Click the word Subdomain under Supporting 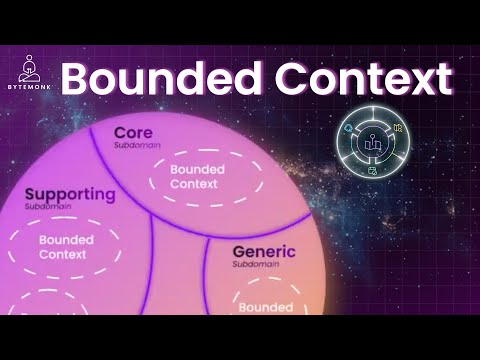coord(43,207)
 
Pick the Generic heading coord(265,252)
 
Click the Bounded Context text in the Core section coord(197,176)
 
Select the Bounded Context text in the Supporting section coord(67,248)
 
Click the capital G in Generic coord(241,252)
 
